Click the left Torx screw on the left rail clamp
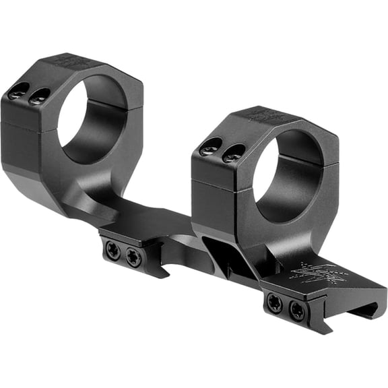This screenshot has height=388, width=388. click(113, 251)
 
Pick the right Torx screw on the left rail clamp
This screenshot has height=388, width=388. click(134, 257)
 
